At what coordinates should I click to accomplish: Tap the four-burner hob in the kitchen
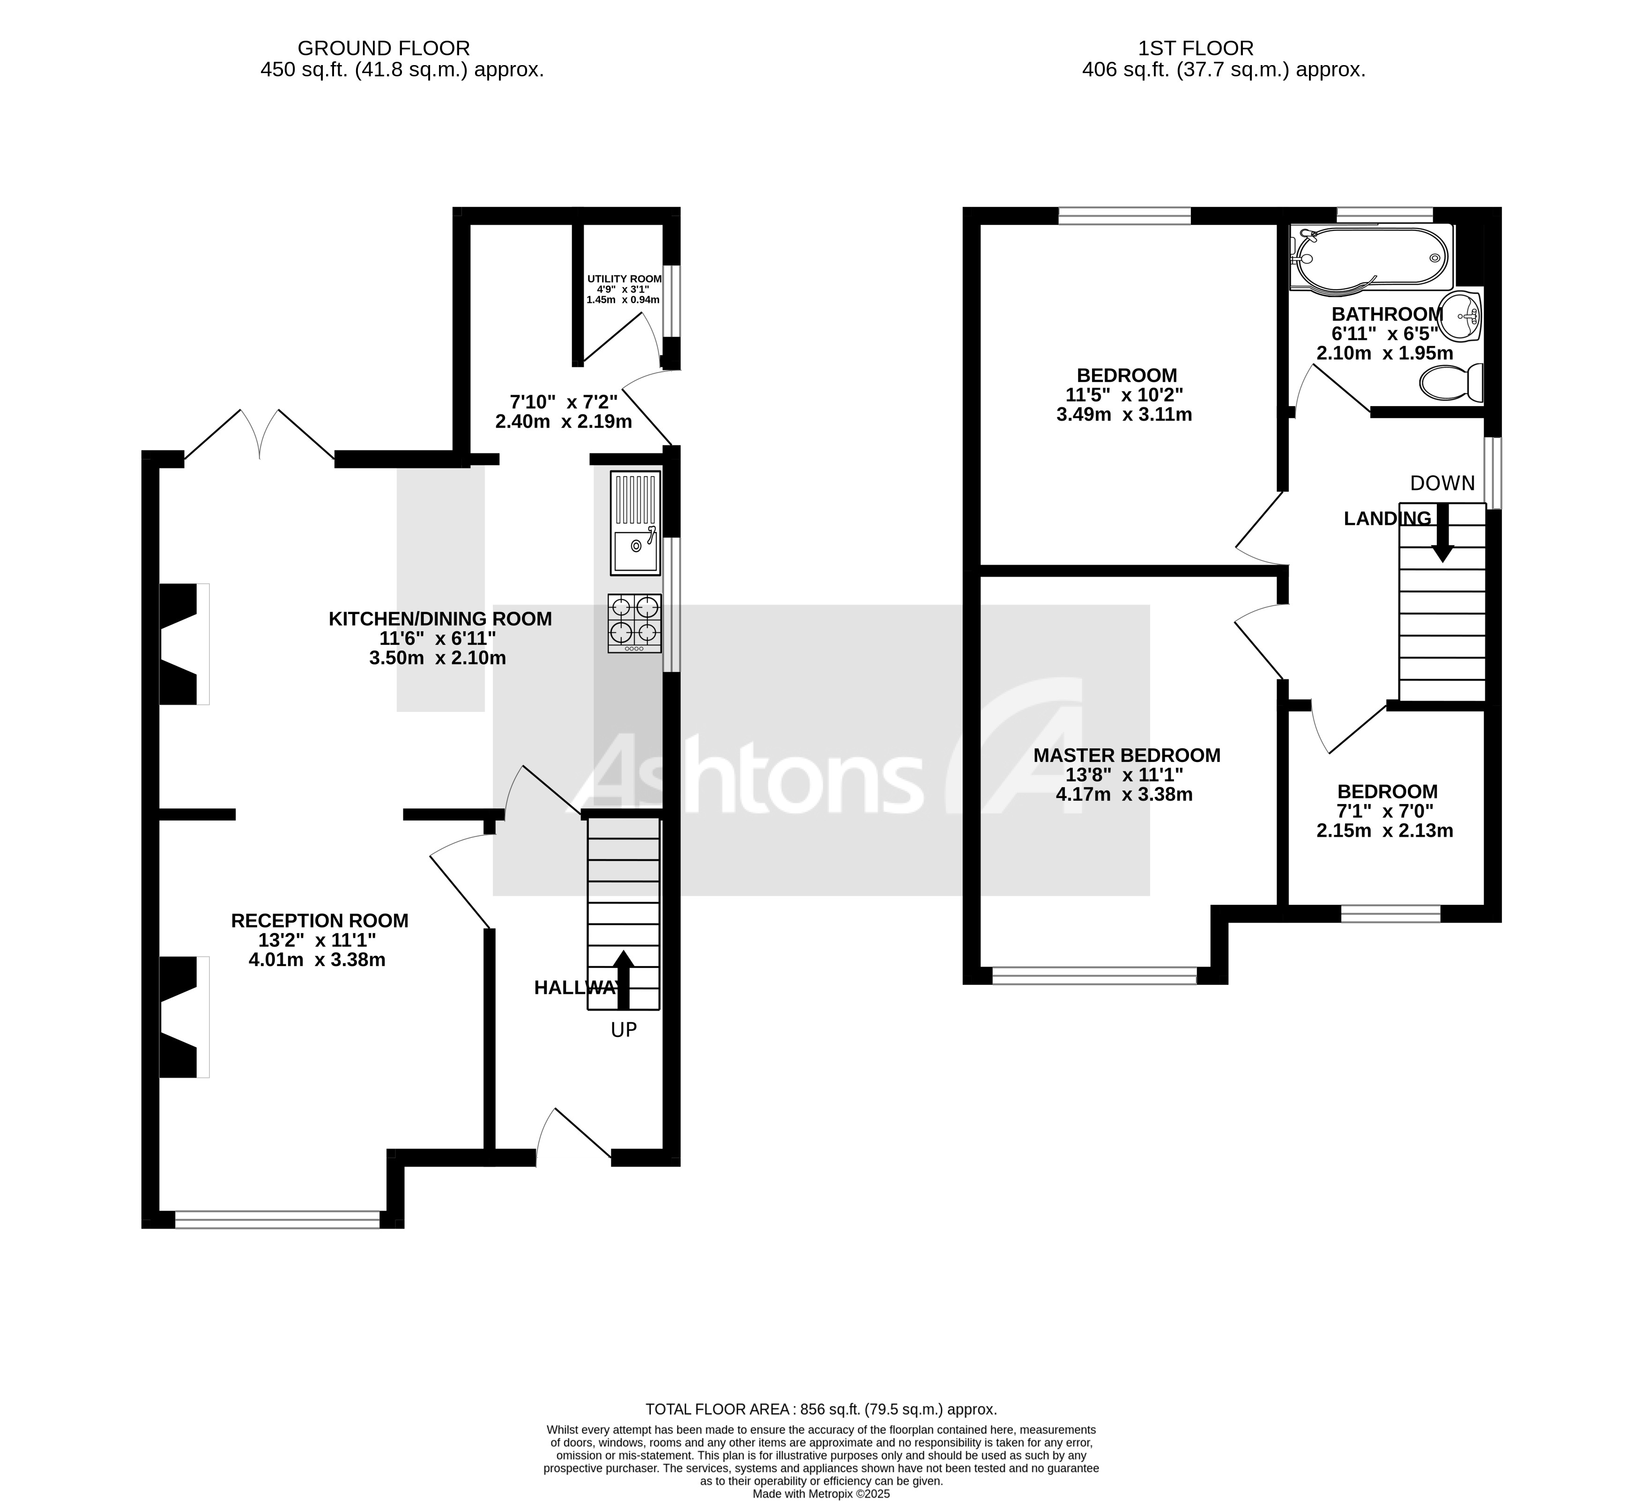[634, 622]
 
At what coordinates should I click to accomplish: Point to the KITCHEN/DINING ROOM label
[440, 619]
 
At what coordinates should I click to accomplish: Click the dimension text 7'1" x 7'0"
[1385, 811]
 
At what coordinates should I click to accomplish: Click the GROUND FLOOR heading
[383, 48]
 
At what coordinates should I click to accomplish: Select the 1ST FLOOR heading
[1196, 48]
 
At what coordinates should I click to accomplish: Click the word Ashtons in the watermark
[746, 772]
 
